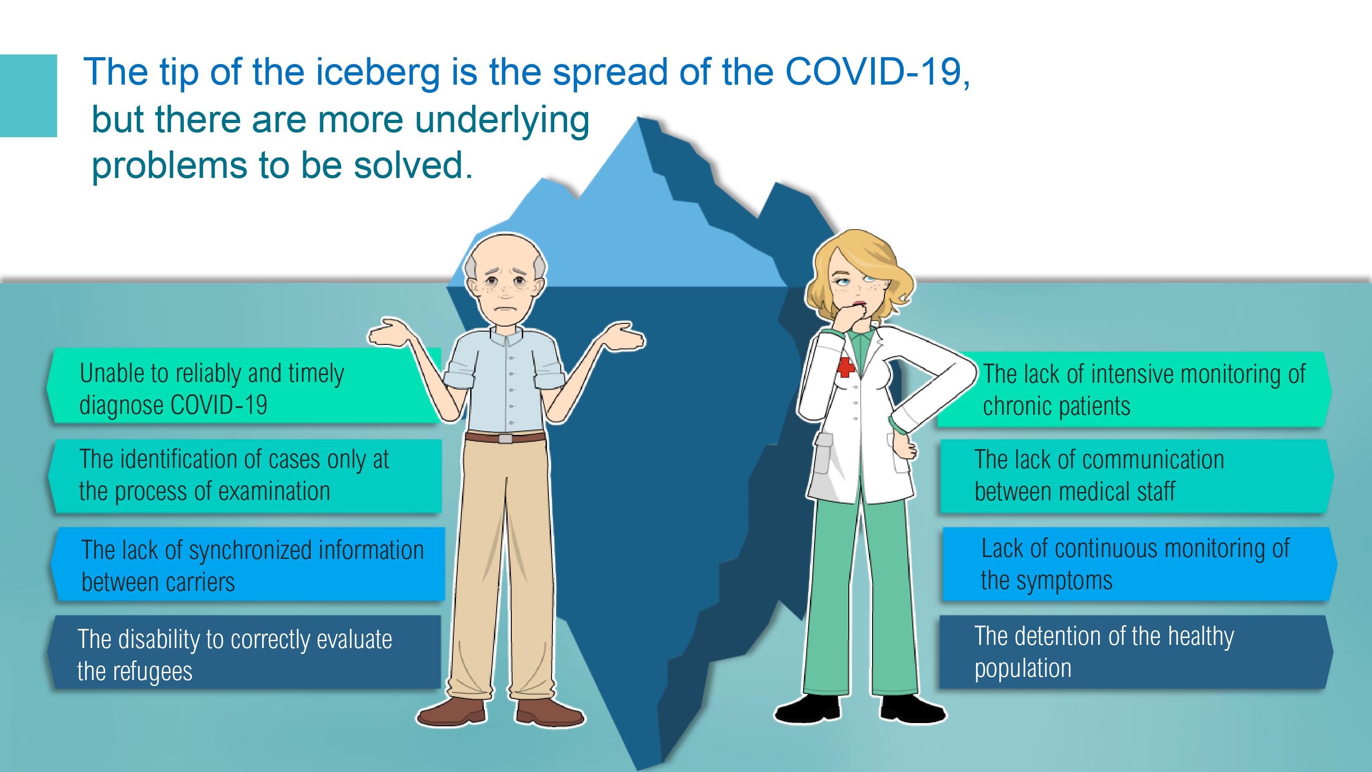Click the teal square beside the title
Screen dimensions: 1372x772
click(28, 96)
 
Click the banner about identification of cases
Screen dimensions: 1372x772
click(245, 476)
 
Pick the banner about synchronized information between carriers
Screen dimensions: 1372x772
click(248, 564)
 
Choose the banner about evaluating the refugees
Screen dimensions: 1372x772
click(244, 653)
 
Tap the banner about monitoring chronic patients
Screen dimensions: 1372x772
click(1135, 389)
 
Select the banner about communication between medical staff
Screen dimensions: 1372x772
click(1137, 476)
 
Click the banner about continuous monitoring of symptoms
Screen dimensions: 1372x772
click(1140, 564)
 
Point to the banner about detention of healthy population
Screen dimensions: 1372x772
click(1136, 653)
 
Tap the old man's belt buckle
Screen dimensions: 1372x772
click(505, 439)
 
